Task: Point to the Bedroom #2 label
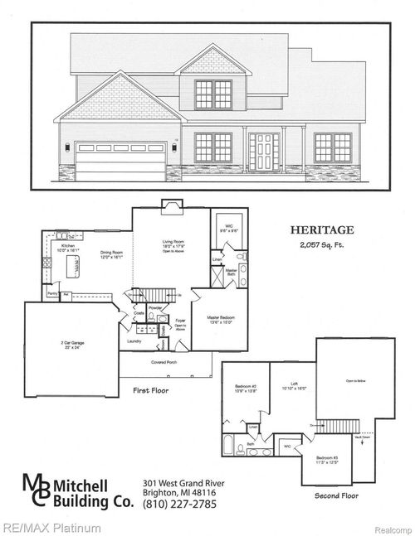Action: [247, 387]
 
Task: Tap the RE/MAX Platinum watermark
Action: [51, 528]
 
